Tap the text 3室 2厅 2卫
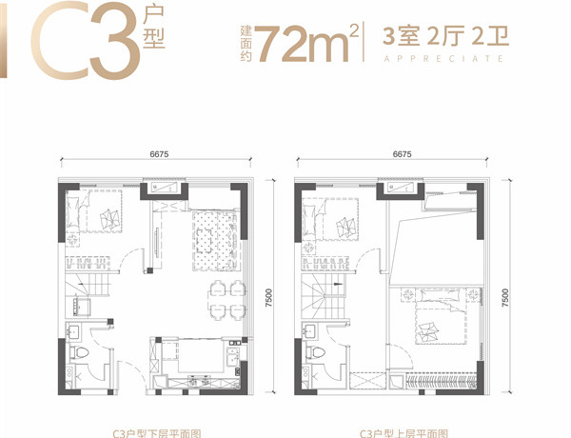coord(445,36)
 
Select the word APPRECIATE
coord(443,59)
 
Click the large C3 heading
coord(86,39)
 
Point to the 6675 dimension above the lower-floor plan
coord(159,154)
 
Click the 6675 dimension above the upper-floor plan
coord(402,154)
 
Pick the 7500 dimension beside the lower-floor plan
coord(268,297)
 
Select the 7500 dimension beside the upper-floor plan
coord(504,297)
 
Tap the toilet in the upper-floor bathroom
coord(315,352)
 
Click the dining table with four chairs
coord(226,300)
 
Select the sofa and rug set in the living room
coord(216,241)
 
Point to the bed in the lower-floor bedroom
coord(94,211)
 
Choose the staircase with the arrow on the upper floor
coord(324,296)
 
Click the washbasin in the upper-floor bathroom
coord(310,331)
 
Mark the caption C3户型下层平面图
coord(157,433)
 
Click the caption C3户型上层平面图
coord(404,433)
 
